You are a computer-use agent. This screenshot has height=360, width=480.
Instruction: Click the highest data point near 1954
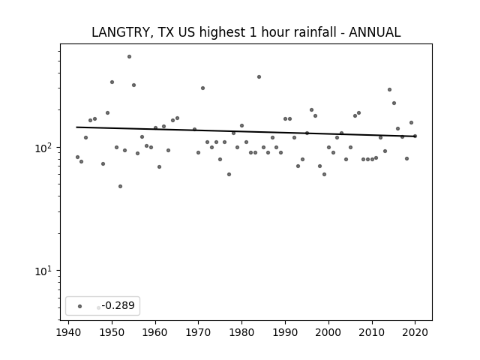click(x=129, y=57)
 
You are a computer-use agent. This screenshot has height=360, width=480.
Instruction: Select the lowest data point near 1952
click(x=120, y=187)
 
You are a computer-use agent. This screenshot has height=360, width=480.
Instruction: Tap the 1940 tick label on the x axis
click(x=68, y=332)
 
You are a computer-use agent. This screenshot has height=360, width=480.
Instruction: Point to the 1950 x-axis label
click(x=112, y=332)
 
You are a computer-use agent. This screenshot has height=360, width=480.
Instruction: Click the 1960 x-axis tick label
click(x=155, y=332)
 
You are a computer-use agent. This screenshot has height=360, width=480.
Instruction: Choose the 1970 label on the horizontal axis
click(x=198, y=332)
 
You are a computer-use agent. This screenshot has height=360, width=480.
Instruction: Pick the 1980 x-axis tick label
click(x=241, y=332)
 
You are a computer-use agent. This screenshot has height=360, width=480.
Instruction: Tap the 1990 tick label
click(x=285, y=332)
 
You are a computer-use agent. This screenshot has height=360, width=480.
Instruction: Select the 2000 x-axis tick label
click(x=328, y=332)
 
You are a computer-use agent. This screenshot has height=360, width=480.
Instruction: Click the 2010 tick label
click(x=372, y=332)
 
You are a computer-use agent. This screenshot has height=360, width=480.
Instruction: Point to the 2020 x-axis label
click(x=415, y=332)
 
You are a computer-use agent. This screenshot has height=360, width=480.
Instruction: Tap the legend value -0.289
click(x=118, y=305)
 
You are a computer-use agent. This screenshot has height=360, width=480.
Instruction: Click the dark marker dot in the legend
click(x=80, y=306)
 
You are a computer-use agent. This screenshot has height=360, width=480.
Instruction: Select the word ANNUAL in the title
click(x=375, y=32)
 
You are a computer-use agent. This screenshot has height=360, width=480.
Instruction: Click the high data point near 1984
click(x=259, y=76)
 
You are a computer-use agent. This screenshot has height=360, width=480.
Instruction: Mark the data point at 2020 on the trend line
click(x=415, y=136)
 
